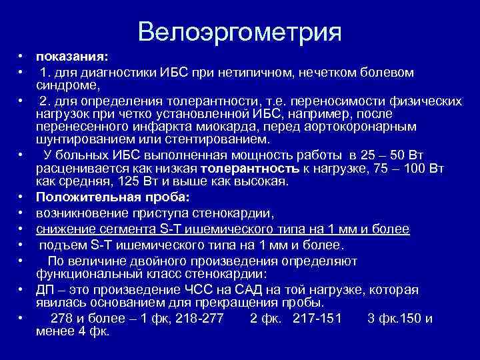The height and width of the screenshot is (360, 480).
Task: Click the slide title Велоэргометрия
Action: tap(240, 31)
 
